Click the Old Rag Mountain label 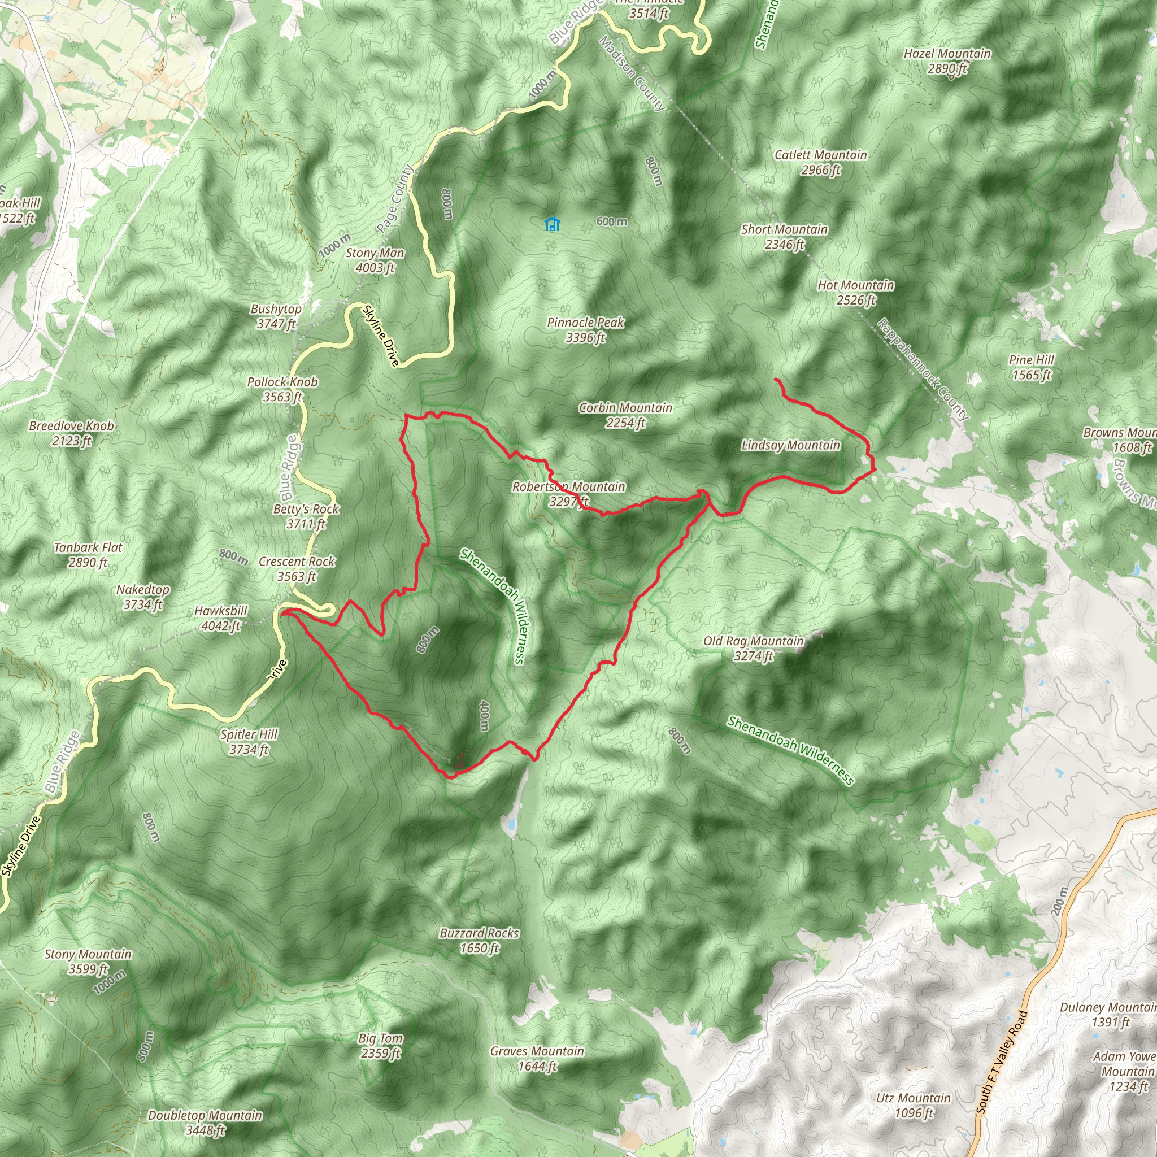(753, 648)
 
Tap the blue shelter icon (552, 224)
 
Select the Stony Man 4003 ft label (375, 260)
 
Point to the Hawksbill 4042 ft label (220, 618)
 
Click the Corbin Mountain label (625, 415)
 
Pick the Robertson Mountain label (568, 493)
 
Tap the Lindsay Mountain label (790, 445)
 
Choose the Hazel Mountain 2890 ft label (947, 60)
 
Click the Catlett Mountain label (820, 162)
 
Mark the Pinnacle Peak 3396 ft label (586, 329)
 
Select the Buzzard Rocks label (479, 939)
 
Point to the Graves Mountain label (537, 1058)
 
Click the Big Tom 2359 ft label (381, 1045)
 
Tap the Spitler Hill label (249, 741)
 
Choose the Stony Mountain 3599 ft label (88, 961)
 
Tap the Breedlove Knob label (71, 433)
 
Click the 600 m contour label (611, 221)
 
